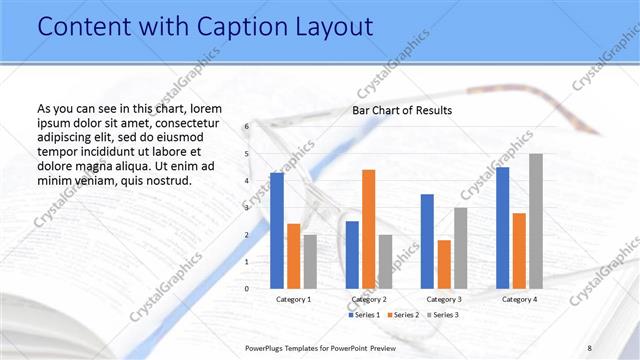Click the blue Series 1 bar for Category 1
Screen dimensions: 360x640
(x=277, y=231)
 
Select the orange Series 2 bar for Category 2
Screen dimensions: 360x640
(x=368, y=229)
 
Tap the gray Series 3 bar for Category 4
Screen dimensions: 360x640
(x=536, y=221)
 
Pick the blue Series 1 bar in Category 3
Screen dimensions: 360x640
(x=427, y=241)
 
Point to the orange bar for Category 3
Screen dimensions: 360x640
(x=444, y=264)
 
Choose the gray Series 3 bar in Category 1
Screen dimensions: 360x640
(x=310, y=261)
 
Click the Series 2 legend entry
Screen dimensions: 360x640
(x=402, y=315)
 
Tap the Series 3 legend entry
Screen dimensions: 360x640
(x=442, y=315)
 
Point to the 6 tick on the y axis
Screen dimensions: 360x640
(x=246, y=127)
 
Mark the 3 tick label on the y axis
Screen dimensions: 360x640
(x=246, y=208)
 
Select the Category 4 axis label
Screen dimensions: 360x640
(x=519, y=299)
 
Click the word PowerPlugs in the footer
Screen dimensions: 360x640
(x=270, y=347)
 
